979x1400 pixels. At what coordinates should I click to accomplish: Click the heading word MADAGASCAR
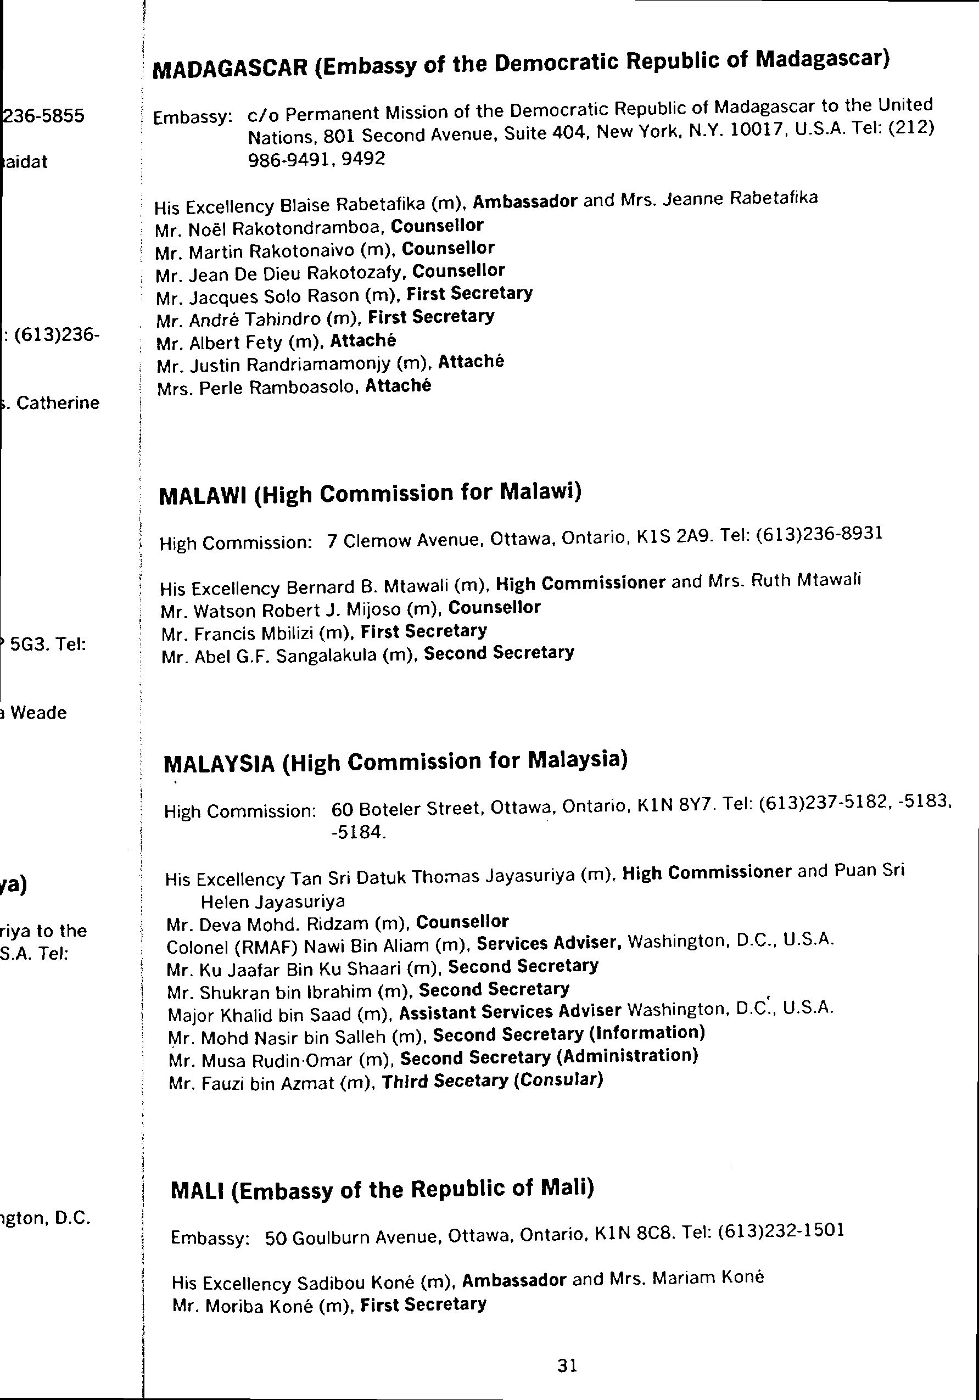pos(230,68)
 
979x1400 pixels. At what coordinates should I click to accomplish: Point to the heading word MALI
pos(197,1191)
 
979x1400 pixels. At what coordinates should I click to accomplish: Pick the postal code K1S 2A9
pos(673,537)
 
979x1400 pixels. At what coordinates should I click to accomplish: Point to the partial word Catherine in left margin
pos(58,403)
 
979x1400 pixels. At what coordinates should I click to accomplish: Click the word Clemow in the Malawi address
pos(369,540)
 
